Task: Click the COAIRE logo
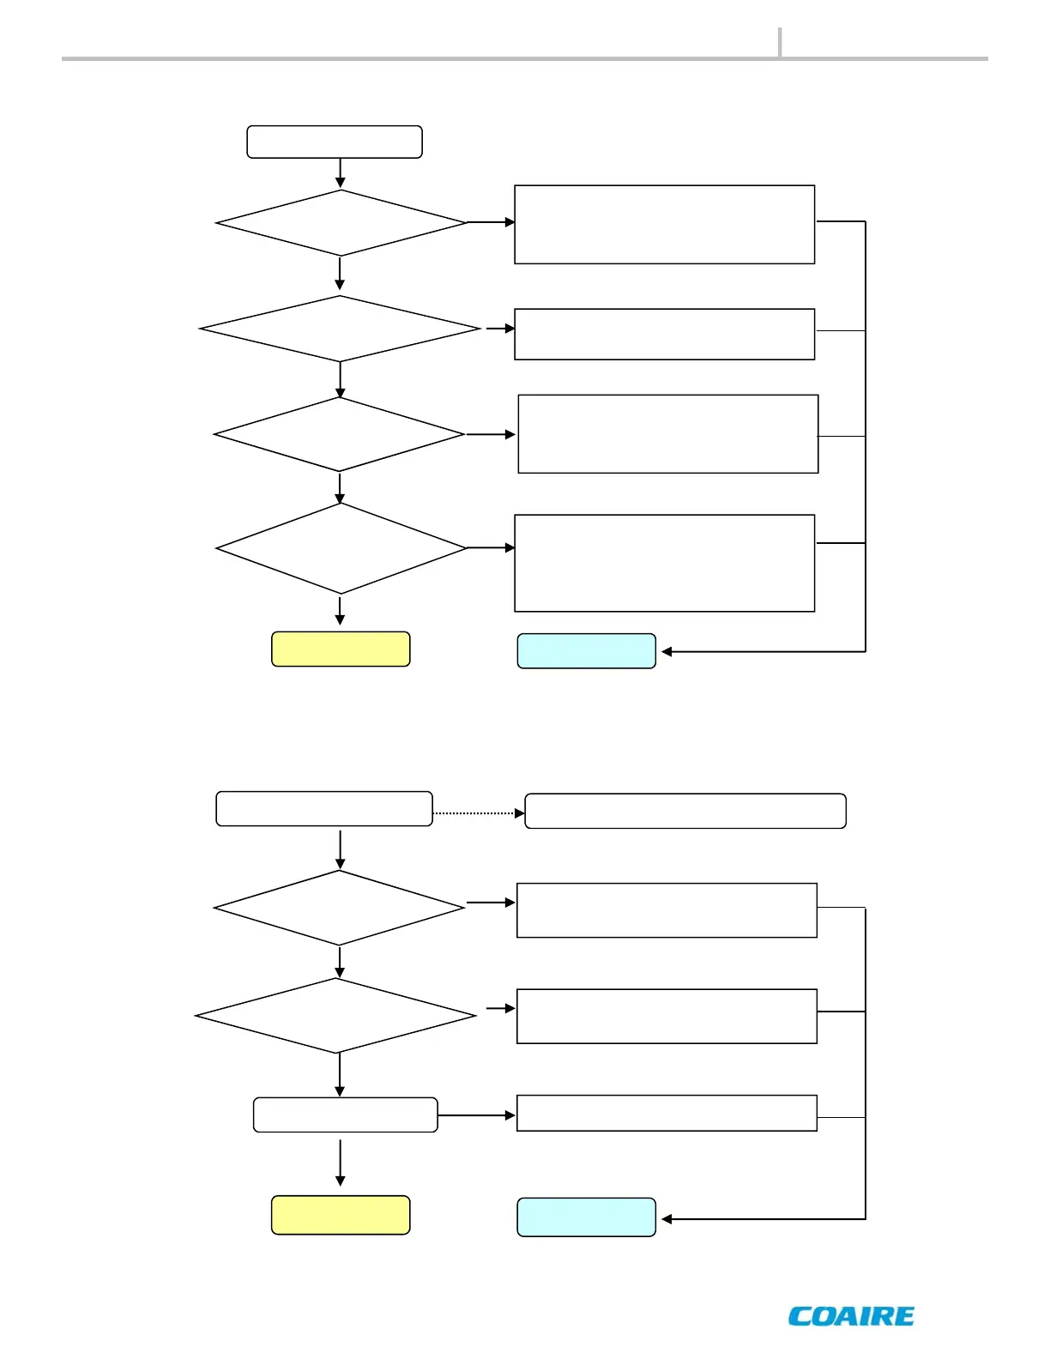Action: coord(851,1316)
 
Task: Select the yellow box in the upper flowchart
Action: coord(341,649)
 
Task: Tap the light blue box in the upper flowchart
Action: coord(586,651)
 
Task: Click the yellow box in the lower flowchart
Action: coord(341,1215)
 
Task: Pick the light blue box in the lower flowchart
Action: coord(586,1217)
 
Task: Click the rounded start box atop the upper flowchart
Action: coord(335,142)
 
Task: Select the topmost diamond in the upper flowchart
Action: coord(341,222)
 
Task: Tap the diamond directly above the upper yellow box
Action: coord(341,548)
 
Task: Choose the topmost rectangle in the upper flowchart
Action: coord(664,224)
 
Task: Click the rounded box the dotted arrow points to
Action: coord(685,811)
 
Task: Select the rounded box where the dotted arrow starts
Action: coord(324,808)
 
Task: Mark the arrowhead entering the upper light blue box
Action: coord(667,652)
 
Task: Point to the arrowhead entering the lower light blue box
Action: coord(667,1219)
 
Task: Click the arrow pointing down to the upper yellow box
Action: coord(341,611)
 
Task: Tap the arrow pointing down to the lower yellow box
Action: coord(341,1163)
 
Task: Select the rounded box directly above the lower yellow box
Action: coord(346,1114)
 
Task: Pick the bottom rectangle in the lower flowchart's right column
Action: coord(667,1113)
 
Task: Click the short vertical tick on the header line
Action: coord(780,42)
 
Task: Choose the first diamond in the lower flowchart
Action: coord(340,908)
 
